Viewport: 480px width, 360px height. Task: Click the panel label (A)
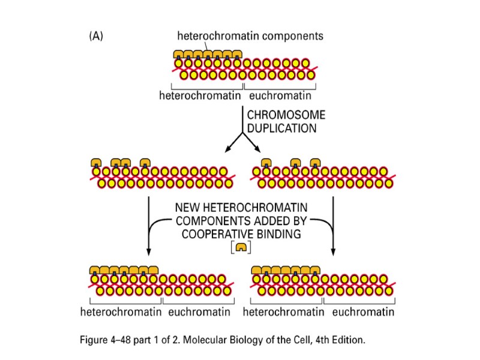95,36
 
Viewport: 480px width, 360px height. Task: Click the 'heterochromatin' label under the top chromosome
200,96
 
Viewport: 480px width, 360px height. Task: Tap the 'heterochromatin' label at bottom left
121,312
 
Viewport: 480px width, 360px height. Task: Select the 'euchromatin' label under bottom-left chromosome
200,312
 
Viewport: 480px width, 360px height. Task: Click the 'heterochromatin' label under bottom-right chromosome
282,312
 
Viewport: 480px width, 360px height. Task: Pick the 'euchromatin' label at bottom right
362,312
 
